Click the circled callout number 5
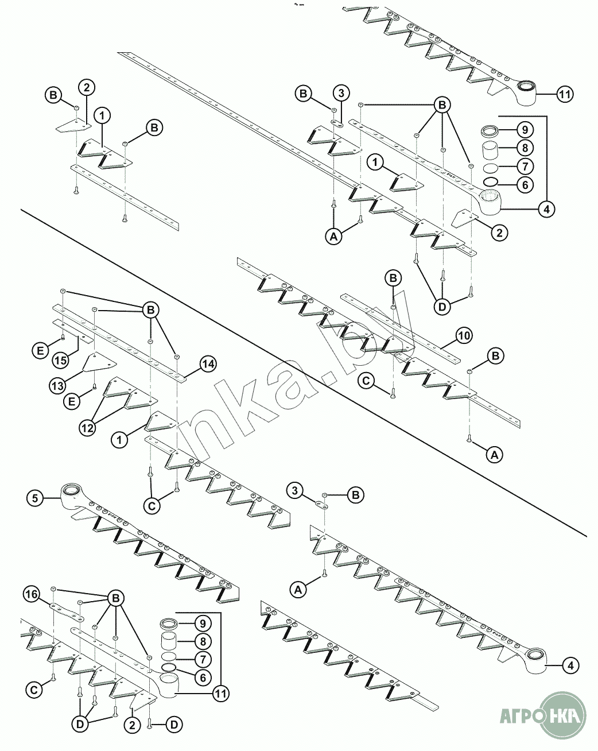click(35, 498)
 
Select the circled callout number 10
click(464, 336)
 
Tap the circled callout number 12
click(87, 428)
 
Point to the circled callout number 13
click(58, 386)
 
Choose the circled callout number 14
click(208, 364)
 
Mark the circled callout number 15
click(61, 361)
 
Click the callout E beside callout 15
click(41, 350)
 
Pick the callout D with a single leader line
click(173, 725)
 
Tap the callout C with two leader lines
click(152, 506)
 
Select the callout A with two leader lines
click(334, 237)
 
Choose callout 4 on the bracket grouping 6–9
click(546, 210)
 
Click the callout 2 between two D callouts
click(132, 726)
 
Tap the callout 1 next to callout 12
click(119, 440)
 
